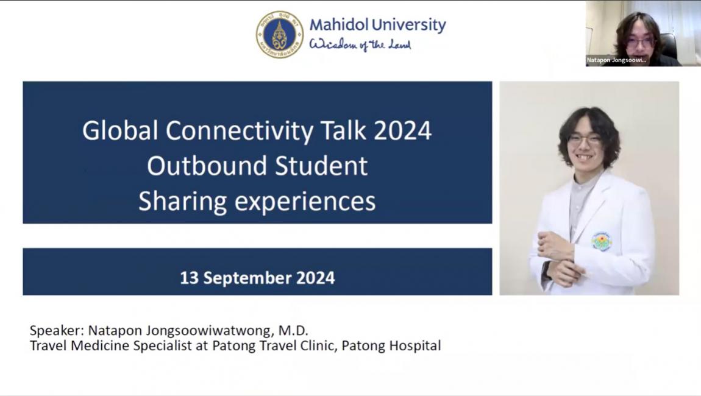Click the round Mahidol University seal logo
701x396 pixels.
tap(279, 34)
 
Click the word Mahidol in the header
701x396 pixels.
tap(338, 24)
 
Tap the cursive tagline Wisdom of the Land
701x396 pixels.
tap(360, 44)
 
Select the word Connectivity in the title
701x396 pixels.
tap(240, 131)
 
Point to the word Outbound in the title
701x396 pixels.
tap(207, 166)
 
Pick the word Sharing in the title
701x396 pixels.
tap(182, 202)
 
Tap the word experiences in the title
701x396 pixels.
tap(305, 202)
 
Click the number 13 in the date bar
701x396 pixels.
tap(189, 278)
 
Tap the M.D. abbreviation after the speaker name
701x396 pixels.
tap(293, 331)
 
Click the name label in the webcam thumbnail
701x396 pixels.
tap(616, 60)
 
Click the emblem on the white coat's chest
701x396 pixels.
tap(602, 242)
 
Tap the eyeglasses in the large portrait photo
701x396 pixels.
tap(585, 140)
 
